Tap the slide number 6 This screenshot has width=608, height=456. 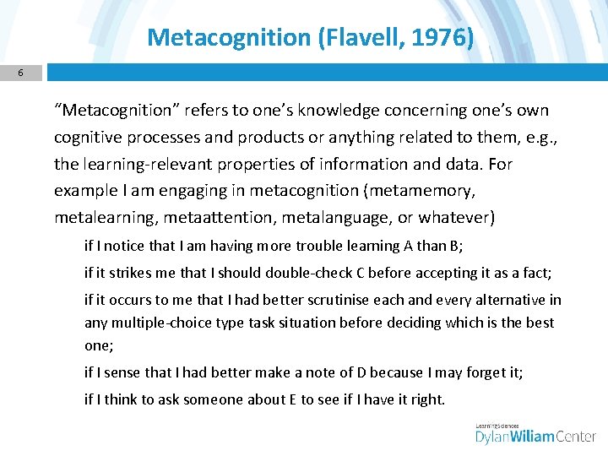point(21,73)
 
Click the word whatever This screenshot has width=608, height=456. point(453,218)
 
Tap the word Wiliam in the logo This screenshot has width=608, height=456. point(531,437)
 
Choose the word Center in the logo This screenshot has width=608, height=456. point(575,437)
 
